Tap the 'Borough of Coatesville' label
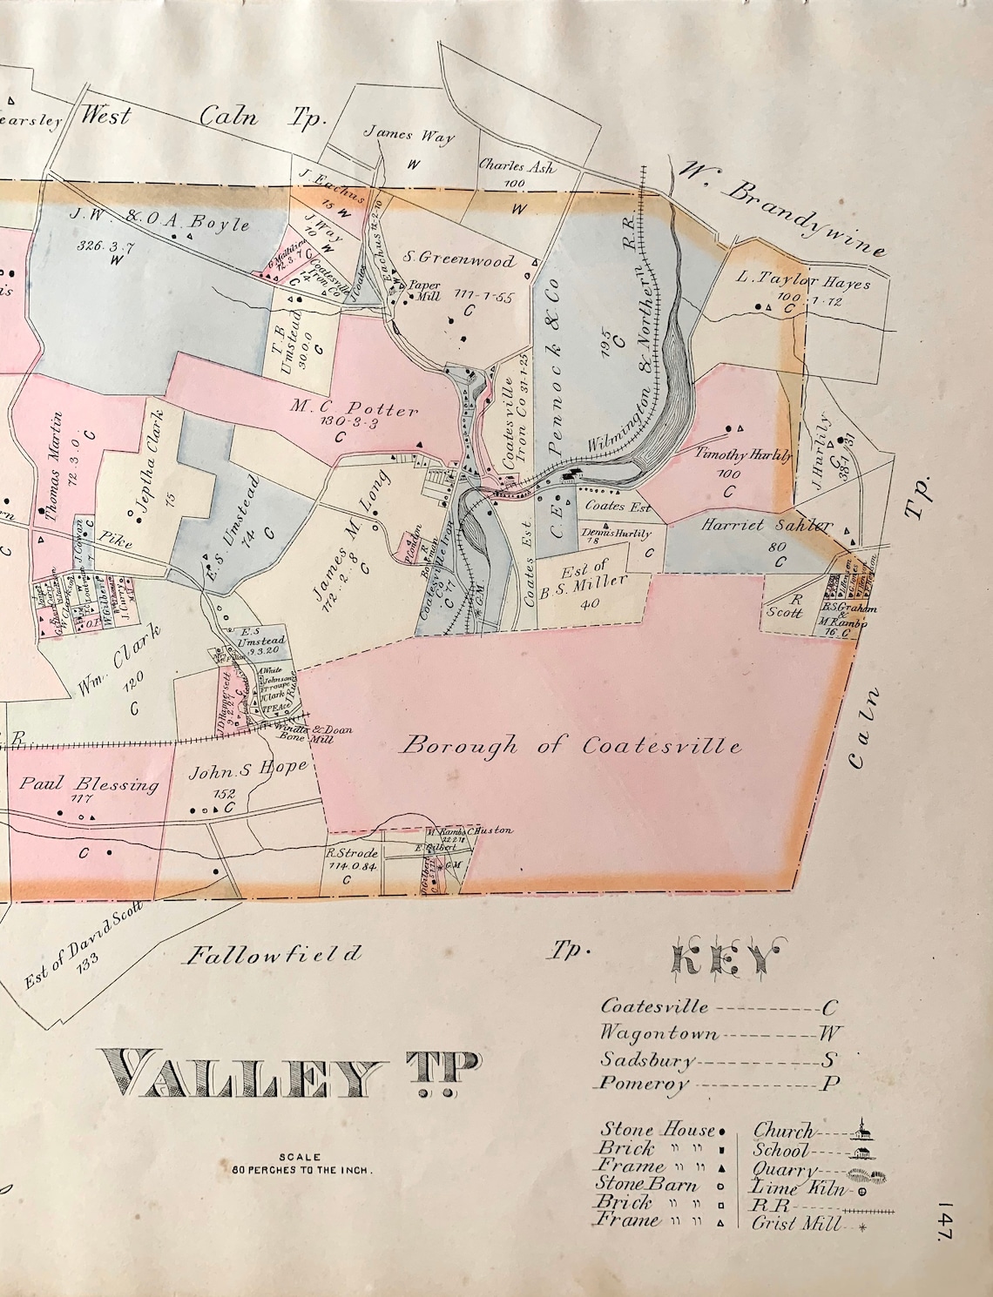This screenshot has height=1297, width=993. click(574, 746)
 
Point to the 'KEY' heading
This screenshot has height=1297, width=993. click(723, 959)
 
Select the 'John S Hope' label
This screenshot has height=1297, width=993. click(250, 768)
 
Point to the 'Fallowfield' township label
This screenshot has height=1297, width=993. click(272, 955)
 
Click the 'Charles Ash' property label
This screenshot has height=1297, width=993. click(517, 167)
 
